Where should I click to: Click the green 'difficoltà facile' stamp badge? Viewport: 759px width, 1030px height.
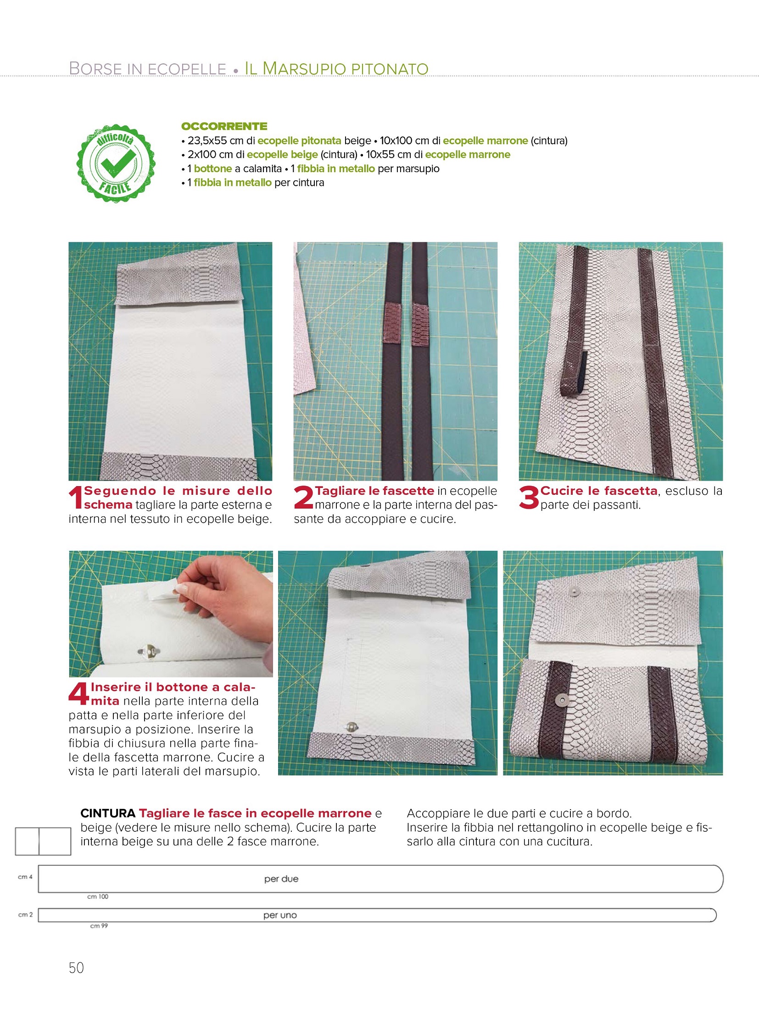(x=116, y=163)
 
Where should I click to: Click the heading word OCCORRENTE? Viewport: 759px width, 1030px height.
(x=224, y=126)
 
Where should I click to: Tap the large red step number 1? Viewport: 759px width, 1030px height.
(x=76, y=498)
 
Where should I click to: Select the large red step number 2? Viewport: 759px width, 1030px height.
(x=304, y=498)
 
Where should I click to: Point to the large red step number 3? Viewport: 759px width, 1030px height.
(x=529, y=498)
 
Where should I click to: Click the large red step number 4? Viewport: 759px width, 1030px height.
(x=79, y=694)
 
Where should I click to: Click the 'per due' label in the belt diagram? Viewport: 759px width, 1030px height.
(x=281, y=879)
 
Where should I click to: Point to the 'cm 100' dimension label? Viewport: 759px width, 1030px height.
(x=98, y=897)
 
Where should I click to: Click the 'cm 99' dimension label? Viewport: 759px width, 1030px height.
(x=99, y=926)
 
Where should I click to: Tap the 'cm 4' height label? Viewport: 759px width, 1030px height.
(x=25, y=877)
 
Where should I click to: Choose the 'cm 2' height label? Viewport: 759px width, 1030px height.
(x=25, y=915)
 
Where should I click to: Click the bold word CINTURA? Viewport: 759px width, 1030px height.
(x=108, y=813)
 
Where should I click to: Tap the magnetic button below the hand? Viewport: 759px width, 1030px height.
(x=146, y=650)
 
